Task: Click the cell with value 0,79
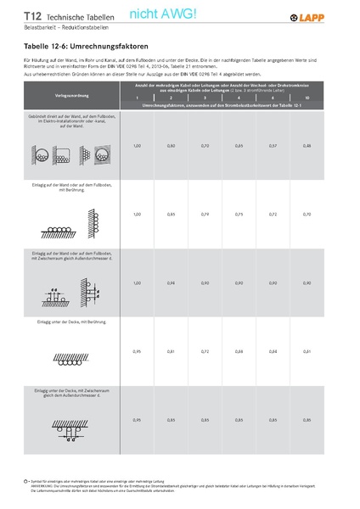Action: point(205,214)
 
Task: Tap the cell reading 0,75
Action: point(239,214)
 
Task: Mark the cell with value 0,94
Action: point(171,282)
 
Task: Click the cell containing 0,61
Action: point(307,350)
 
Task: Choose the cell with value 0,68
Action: point(239,350)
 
